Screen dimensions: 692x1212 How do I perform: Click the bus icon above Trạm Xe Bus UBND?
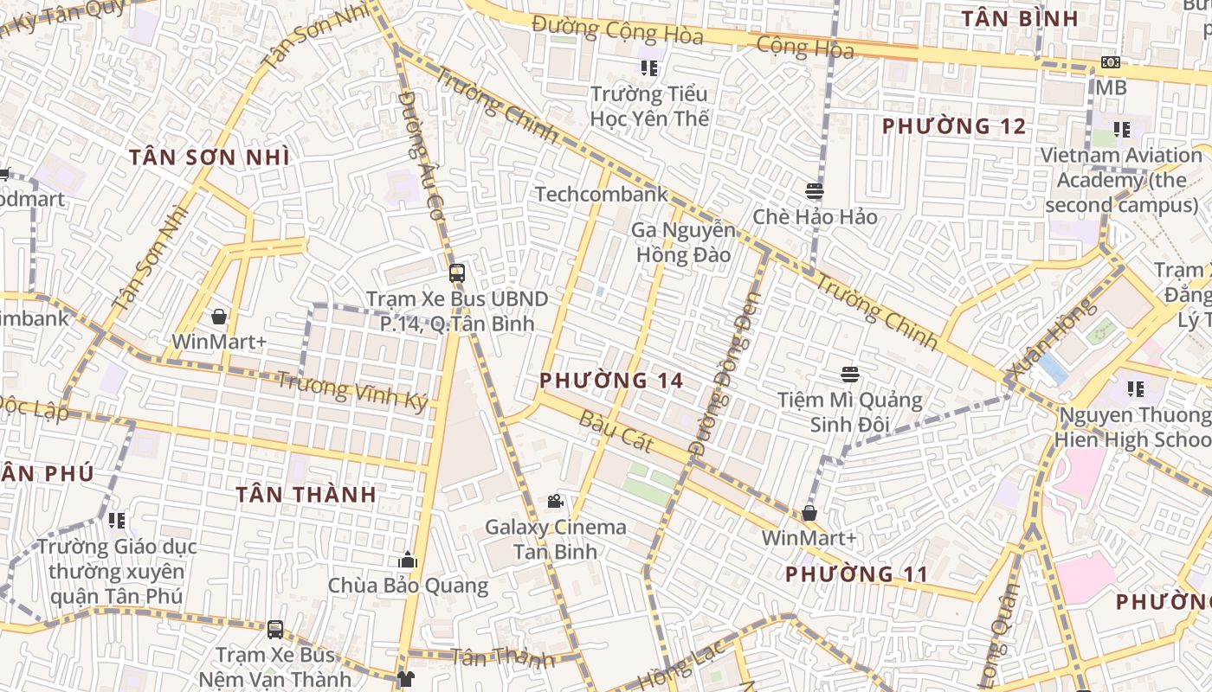[456, 273]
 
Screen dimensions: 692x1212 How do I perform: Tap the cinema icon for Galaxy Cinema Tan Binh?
[555, 501]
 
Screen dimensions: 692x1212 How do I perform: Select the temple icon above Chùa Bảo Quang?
[408, 561]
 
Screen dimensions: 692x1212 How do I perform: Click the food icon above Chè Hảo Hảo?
[814, 191]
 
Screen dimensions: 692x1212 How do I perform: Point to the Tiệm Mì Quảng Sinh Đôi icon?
[849, 375]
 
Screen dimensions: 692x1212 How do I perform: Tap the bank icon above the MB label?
[1110, 62]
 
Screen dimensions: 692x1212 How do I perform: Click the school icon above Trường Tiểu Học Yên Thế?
[648, 67]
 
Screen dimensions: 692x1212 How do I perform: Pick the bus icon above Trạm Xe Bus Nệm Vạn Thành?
[275, 629]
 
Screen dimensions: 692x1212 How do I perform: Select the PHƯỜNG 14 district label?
[611, 381]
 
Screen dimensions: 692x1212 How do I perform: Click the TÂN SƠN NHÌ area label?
[210, 157]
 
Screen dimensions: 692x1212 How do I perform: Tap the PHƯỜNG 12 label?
[954, 126]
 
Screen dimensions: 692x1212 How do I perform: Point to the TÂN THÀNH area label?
[306, 495]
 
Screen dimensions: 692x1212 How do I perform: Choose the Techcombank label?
[602, 194]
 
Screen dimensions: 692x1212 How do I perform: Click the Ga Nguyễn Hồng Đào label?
[683, 242]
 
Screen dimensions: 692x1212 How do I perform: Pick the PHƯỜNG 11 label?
[856, 574]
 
